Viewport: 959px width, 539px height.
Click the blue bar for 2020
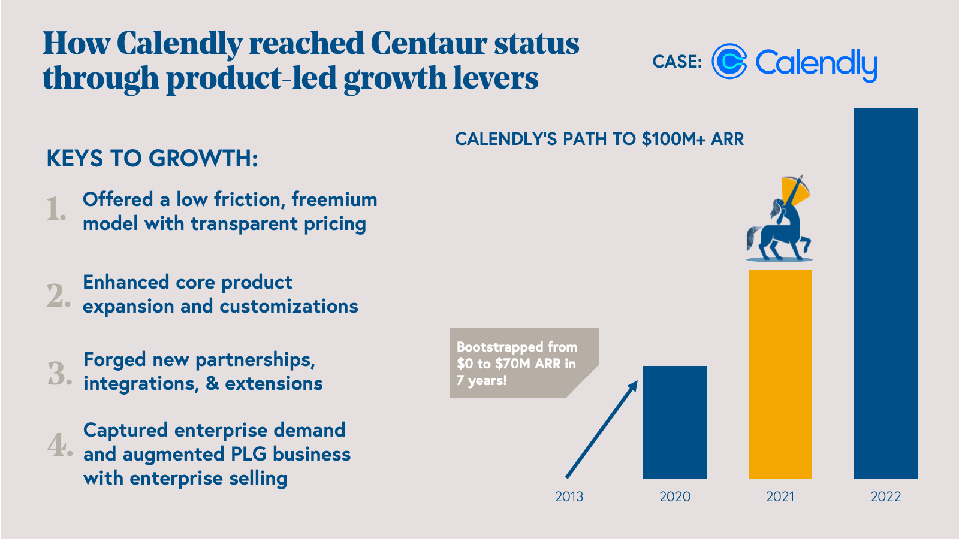point(675,422)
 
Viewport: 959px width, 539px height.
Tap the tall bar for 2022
point(885,293)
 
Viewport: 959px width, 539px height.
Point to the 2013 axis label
point(569,496)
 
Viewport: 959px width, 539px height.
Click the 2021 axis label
point(780,496)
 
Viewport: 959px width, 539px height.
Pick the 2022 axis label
point(885,496)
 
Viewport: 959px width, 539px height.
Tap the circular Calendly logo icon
point(729,62)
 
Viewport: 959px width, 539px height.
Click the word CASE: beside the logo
point(677,62)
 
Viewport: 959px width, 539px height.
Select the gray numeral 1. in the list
point(56,210)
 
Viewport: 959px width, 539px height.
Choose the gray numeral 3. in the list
point(59,373)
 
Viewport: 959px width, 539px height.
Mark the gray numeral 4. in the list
point(59,444)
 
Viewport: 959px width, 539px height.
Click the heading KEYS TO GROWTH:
point(152,159)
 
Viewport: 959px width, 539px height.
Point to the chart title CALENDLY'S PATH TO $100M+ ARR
point(599,139)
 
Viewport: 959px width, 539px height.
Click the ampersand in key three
point(212,383)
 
